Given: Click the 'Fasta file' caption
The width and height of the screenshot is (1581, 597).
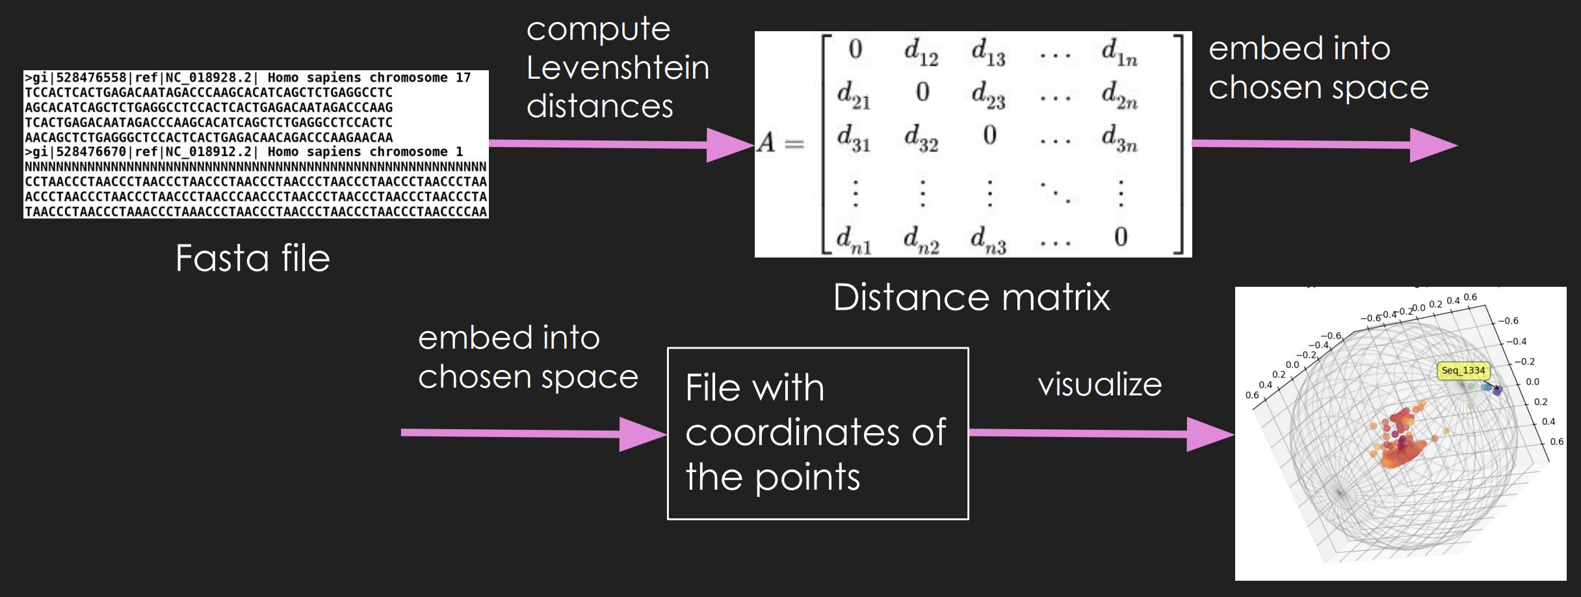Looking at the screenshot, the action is [253, 258].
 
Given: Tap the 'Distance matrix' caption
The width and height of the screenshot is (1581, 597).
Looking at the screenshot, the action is [972, 297].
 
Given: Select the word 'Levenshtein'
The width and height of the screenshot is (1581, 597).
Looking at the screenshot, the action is [618, 68].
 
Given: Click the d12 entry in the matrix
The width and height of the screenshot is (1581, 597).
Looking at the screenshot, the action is [922, 51].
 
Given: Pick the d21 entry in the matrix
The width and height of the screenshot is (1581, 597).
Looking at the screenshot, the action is [854, 95].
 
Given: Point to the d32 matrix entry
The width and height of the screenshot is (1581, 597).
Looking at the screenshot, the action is [922, 138].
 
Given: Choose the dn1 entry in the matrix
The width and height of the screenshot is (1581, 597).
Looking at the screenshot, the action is [854, 239].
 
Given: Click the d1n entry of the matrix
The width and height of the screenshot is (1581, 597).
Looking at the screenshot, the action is [1119, 51].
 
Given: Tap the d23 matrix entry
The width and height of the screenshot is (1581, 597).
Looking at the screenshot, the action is [989, 95].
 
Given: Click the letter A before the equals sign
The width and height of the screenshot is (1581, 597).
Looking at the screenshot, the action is [766, 142].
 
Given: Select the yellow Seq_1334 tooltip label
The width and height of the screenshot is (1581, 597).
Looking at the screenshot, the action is [1463, 370].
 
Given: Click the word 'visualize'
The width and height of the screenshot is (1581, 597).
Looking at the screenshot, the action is [1100, 384].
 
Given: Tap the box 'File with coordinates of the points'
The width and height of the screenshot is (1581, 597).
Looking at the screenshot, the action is [818, 433].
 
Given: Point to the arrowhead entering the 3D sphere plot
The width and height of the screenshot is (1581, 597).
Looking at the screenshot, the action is [1210, 434].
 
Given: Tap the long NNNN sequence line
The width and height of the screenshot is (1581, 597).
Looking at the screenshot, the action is [255, 166].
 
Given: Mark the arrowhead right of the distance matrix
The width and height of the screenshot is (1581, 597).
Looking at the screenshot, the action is [1433, 145].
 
